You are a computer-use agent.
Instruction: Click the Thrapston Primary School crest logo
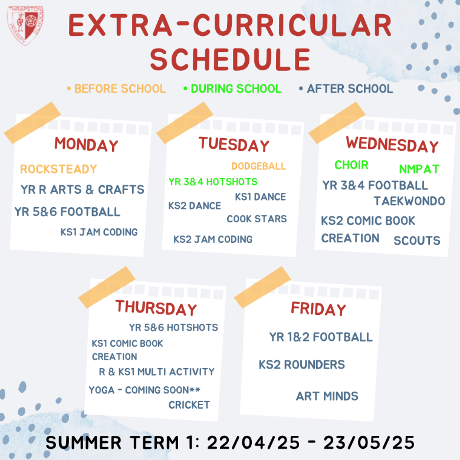(x=25, y=25)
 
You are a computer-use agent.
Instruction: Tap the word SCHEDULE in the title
(x=230, y=60)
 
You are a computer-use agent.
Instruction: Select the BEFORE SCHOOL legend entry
(x=116, y=88)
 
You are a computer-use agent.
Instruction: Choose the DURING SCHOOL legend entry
(x=232, y=88)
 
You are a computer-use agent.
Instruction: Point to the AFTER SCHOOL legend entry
(x=346, y=88)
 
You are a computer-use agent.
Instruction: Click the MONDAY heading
(x=86, y=144)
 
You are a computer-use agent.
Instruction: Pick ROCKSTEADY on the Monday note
(x=58, y=169)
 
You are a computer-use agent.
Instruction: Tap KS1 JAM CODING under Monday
(x=99, y=232)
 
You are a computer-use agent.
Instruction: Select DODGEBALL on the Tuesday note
(x=258, y=166)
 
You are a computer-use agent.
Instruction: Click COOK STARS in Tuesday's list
(x=257, y=219)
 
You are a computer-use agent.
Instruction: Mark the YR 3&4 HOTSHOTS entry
(x=213, y=182)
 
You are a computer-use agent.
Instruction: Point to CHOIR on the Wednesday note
(x=351, y=165)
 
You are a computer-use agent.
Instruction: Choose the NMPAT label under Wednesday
(x=419, y=169)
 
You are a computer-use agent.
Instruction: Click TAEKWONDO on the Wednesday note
(x=409, y=201)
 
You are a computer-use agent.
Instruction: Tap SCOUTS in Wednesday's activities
(x=417, y=241)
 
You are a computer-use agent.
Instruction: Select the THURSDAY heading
(x=156, y=308)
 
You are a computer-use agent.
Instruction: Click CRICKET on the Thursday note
(x=189, y=405)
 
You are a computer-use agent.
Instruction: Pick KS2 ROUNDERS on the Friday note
(x=301, y=364)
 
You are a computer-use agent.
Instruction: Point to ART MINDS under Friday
(x=327, y=396)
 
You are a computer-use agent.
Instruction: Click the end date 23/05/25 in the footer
(x=369, y=443)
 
